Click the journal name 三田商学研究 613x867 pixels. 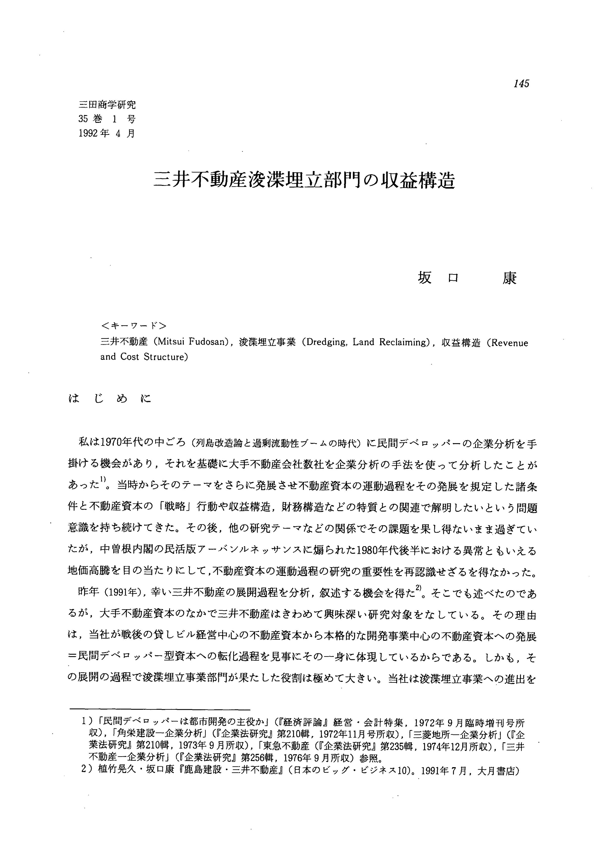107,105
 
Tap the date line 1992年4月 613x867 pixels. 107,133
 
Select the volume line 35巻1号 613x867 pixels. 107,119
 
